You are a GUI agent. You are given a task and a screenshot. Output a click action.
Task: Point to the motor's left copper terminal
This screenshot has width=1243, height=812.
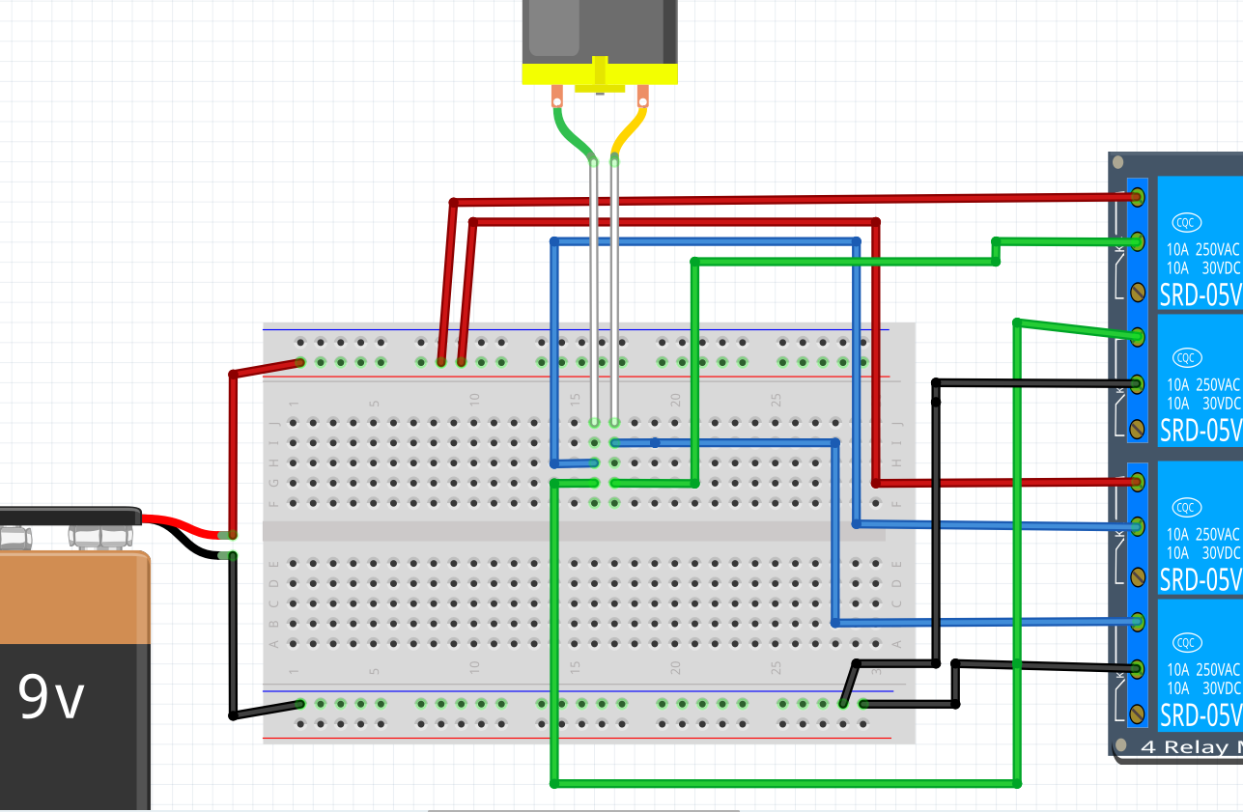tap(557, 97)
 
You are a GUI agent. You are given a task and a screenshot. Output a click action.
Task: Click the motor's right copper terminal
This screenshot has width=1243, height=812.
tap(642, 96)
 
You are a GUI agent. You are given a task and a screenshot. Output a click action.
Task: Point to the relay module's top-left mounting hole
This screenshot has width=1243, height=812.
tap(1117, 162)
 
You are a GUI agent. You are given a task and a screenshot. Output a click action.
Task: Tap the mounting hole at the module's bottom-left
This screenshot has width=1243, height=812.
tap(1120, 744)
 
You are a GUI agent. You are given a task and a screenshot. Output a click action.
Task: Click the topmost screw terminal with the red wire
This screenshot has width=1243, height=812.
tap(1138, 197)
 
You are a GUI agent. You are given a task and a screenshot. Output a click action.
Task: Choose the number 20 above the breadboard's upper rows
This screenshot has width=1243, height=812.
tap(675, 398)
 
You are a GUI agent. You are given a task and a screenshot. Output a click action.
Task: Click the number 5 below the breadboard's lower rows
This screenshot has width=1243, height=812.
tap(374, 670)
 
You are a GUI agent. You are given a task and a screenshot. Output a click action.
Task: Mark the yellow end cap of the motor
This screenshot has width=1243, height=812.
tap(599, 73)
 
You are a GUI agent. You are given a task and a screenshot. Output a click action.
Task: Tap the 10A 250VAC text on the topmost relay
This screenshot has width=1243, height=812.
tap(1201, 248)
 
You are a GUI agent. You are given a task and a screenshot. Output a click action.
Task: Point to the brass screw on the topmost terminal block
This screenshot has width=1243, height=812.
tap(1138, 290)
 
